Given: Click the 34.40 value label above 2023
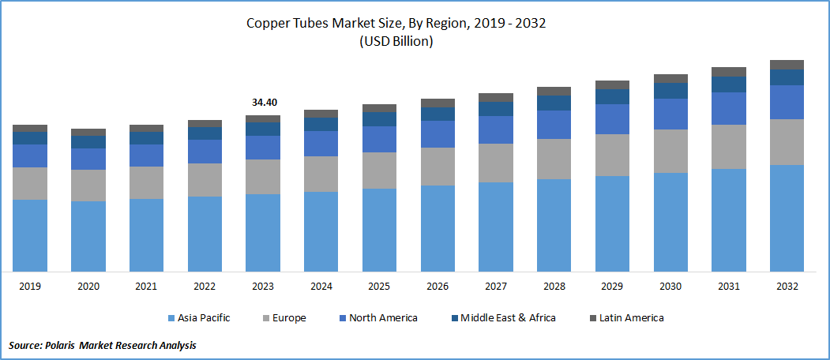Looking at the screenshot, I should (x=263, y=103).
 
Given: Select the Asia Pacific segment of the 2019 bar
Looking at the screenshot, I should (x=30, y=235).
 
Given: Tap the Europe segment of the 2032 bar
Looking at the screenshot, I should (x=787, y=142).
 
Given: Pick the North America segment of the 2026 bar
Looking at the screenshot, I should (x=438, y=134).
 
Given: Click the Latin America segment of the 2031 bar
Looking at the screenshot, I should (x=728, y=72).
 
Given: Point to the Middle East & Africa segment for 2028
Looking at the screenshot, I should (x=554, y=103).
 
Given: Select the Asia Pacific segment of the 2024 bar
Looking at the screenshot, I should (x=321, y=231).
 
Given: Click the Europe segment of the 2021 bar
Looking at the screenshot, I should (x=146, y=182).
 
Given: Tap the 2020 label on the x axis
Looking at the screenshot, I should (x=88, y=285).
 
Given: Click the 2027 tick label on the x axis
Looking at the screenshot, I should (x=496, y=285).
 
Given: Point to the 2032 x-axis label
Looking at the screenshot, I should (x=787, y=285).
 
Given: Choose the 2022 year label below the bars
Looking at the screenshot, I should (x=205, y=285).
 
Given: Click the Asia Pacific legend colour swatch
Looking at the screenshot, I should (x=171, y=318).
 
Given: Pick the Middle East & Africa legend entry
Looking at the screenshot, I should (x=509, y=318).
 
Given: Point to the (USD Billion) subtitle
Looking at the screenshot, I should (x=396, y=42).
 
